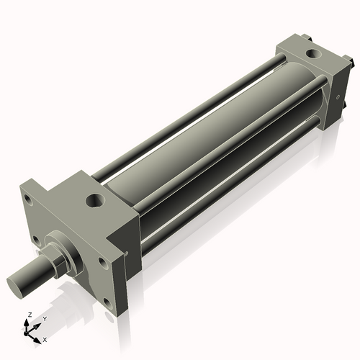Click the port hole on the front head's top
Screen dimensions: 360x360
(95, 199)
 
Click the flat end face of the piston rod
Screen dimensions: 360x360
(18, 282)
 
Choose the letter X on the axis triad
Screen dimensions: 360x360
(45, 338)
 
